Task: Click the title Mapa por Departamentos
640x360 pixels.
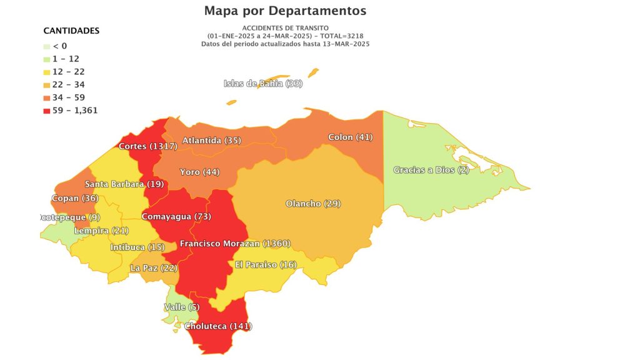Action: click(x=285, y=11)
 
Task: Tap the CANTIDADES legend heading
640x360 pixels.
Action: click(x=71, y=31)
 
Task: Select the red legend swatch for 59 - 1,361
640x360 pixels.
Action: click(x=46, y=111)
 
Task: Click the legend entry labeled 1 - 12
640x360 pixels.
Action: click(x=66, y=58)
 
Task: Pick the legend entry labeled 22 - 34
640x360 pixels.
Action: click(x=69, y=84)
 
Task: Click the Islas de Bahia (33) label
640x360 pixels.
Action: click(x=262, y=84)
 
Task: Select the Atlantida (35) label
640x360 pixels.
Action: click(x=211, y=141)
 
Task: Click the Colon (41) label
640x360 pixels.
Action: click(x=350, y=137)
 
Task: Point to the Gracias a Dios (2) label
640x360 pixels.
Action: click(x=431, y=170)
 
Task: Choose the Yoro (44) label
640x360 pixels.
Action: click(x=199, y=172)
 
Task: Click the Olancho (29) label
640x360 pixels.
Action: click(x=312, y=204)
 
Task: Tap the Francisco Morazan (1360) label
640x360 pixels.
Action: click(x=235, y=243)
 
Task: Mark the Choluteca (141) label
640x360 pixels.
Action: click(x=218, y=326)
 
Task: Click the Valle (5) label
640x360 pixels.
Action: click(x=178, y=307)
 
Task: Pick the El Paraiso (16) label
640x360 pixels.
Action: click(x=265, y=265)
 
